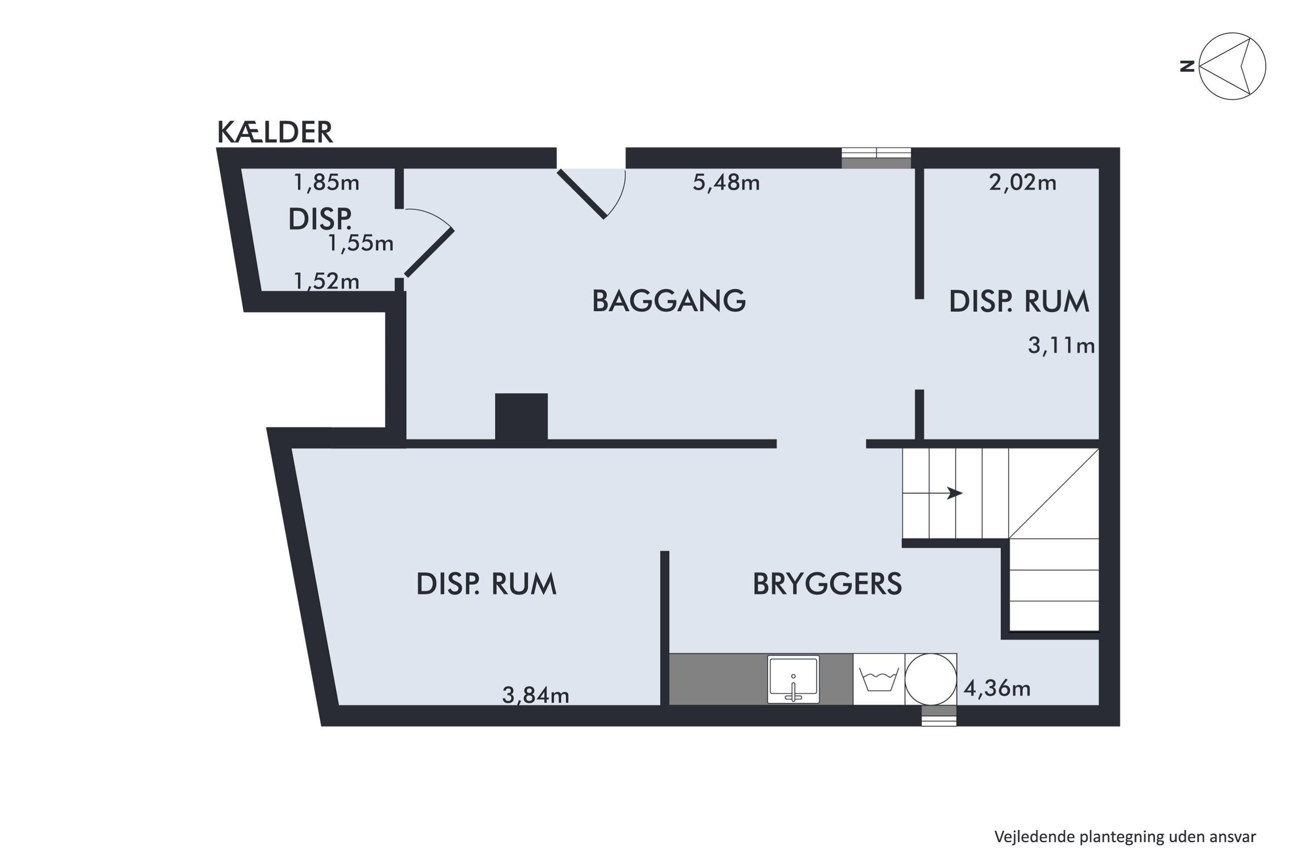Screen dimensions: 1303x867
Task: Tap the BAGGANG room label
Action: tap(668, 301)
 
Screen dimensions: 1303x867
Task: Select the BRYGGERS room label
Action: tap(827, 584)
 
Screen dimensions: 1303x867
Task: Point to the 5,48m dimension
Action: tap(726, 182)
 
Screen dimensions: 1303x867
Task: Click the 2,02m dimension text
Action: tap(1022, 182)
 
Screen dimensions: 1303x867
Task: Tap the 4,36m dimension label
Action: tap(997, 689)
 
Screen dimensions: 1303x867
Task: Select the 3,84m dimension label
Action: tap(536, 695)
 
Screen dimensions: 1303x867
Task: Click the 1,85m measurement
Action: tap(326, 182)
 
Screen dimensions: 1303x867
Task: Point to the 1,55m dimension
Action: tap(360, 243)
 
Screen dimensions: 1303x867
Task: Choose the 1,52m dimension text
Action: tap(326, 281)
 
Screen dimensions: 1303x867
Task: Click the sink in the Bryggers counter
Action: tap(793, 679)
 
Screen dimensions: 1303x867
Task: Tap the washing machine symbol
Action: tap(879, 679)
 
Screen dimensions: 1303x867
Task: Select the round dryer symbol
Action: tap(931, 679)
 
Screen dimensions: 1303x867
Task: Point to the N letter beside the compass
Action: tap(1187, 67)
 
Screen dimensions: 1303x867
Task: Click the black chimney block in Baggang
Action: tap(521, 417)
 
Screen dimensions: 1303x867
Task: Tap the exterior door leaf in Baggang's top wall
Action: tap(581, 194)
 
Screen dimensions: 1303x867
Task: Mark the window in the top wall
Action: tap(876, 158)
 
